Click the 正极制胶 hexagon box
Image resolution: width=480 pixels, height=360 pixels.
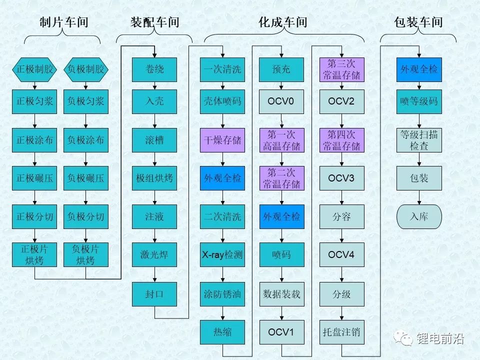pos(34,69)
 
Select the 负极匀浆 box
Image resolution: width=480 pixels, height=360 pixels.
pos(86,101)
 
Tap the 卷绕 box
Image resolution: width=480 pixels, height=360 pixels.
pos(154,69)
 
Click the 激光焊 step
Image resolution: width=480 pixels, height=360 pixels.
pos(154,255)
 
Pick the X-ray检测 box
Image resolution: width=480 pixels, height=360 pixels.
pos(222,255)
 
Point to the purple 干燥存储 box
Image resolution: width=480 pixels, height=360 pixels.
pos(222,140)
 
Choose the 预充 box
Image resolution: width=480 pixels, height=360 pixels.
pos(281,69)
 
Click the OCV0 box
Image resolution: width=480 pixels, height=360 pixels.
pos(281,101)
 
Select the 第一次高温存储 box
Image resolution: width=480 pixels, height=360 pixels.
pos(281,140)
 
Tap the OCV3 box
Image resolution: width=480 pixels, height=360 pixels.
pos(341,178)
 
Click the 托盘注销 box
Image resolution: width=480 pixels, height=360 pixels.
pos(341,332)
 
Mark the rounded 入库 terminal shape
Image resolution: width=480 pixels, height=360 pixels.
pos(419,216)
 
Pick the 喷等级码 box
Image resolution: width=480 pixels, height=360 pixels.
pos(419,101)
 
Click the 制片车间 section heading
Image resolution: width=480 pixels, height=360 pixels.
pos(63,22)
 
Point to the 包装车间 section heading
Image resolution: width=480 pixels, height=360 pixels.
pos(418,22)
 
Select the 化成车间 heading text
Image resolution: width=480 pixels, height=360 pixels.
pos(283,22)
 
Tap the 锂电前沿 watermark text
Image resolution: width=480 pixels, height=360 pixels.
pos(440,339)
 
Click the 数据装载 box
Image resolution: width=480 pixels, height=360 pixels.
pos(281,293)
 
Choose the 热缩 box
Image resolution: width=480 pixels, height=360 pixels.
pos(222,332)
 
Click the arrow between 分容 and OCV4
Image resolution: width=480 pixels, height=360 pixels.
pos(341,235)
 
